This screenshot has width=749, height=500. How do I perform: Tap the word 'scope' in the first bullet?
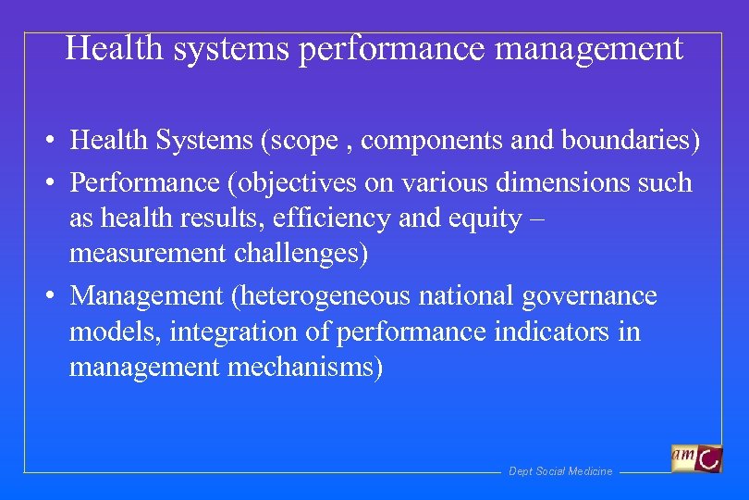click(300, 141)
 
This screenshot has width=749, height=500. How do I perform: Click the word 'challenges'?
click(305, 253)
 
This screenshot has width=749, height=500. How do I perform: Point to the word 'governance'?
click(589, 296)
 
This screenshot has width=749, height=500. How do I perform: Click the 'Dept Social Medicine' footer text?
click(560, 472)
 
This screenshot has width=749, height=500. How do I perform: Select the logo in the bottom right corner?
click(696, 458)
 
